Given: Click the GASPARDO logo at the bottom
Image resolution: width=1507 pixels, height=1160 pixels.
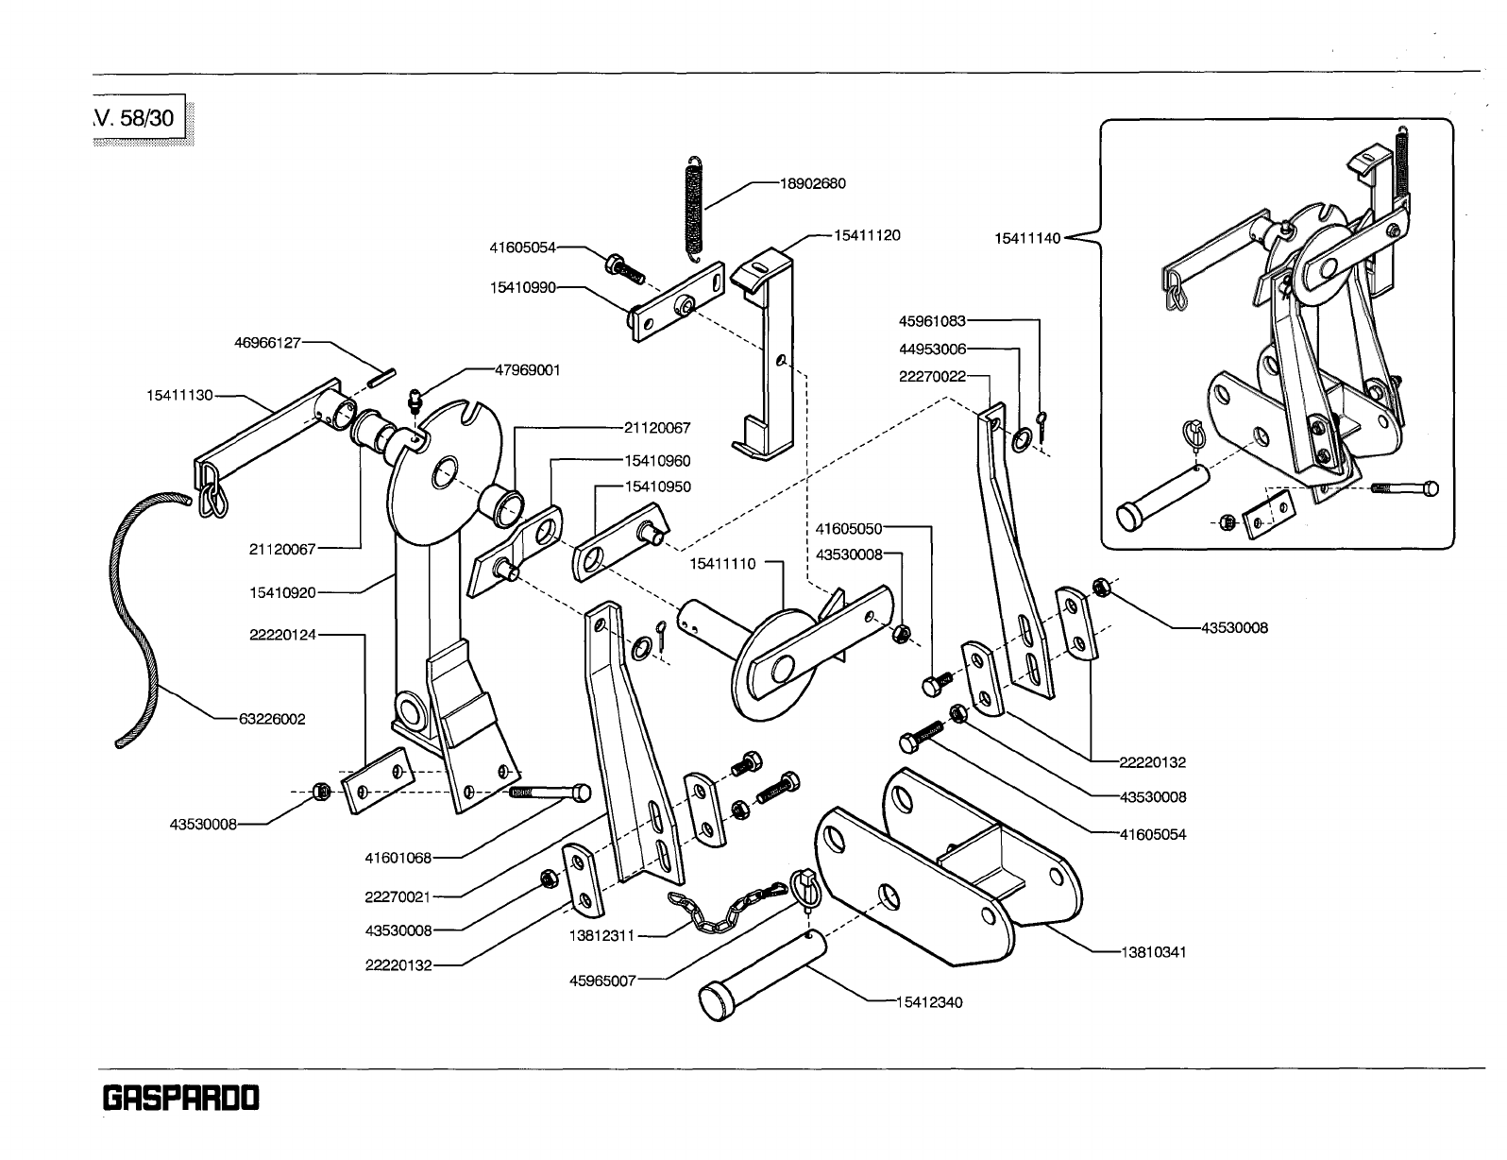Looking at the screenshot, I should coord(179,1099).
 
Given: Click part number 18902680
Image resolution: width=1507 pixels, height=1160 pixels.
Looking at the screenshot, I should coord(812,183).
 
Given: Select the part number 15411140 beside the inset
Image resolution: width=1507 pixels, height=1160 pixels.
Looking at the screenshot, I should coord(1028,238).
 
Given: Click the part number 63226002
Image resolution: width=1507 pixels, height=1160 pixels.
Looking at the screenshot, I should coord(271,719).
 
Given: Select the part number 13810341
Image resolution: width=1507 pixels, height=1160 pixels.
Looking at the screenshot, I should coord(1153,952).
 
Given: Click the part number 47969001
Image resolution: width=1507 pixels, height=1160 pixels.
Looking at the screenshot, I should coord(528,370).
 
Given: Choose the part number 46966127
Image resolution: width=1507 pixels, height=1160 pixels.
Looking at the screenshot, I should coord(267,342).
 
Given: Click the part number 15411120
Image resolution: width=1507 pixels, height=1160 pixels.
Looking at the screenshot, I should coord(867,235).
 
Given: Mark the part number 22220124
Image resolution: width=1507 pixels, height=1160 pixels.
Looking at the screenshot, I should coord(283,635).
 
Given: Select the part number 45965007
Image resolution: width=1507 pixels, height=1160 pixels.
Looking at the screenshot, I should coord(603,981).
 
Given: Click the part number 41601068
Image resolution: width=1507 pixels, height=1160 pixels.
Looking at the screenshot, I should coord(398,858).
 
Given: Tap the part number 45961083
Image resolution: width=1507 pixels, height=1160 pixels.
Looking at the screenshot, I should coord(932,321).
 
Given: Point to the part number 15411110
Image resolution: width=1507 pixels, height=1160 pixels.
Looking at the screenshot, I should coord(722,563).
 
